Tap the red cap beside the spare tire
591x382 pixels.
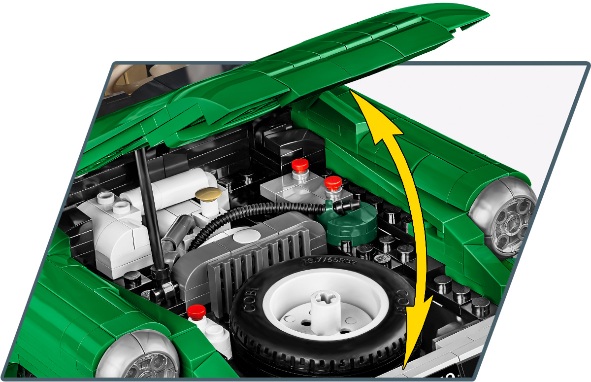click(197, 312)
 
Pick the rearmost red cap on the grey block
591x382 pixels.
click(299, 165)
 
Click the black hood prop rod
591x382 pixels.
click(148, 207)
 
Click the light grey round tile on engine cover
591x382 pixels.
click(245, 236)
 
